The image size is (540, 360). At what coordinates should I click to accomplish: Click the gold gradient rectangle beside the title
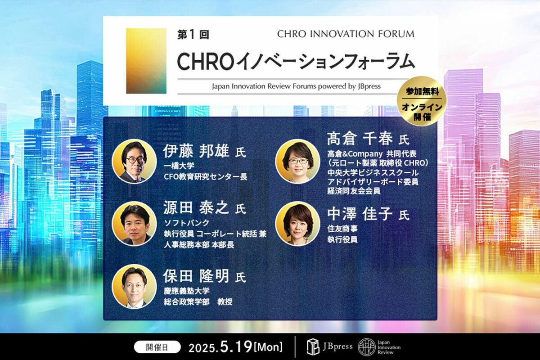[146, 61]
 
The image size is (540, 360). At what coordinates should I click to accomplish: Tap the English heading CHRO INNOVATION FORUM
[346, 34]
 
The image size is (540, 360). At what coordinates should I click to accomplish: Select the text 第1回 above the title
[193, 35]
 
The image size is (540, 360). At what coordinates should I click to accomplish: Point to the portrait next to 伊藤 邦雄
[134, 161]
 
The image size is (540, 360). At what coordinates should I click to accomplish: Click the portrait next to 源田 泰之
[134, 224]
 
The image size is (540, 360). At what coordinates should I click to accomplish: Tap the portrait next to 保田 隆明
[134, 287]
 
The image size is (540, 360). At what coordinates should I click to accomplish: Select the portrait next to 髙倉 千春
[298, 161]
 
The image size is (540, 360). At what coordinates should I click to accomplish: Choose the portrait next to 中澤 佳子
[298, 224]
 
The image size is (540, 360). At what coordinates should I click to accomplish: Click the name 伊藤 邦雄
[196, 151]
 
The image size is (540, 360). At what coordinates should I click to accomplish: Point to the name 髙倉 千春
[360, 139]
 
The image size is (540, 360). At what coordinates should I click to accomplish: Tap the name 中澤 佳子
[360, 214]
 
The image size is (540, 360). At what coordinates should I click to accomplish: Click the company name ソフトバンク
[186, 223]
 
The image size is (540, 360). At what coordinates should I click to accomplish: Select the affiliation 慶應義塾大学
[186, 291]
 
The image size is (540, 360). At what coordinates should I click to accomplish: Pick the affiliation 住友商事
[342, 229]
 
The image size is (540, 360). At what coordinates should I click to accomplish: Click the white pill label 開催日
[157, 348]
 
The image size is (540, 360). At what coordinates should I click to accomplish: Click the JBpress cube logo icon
[313, 347]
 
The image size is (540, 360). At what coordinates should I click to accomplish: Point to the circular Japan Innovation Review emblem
[367, 347]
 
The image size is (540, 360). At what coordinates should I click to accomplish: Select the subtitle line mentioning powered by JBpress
[296, 86]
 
